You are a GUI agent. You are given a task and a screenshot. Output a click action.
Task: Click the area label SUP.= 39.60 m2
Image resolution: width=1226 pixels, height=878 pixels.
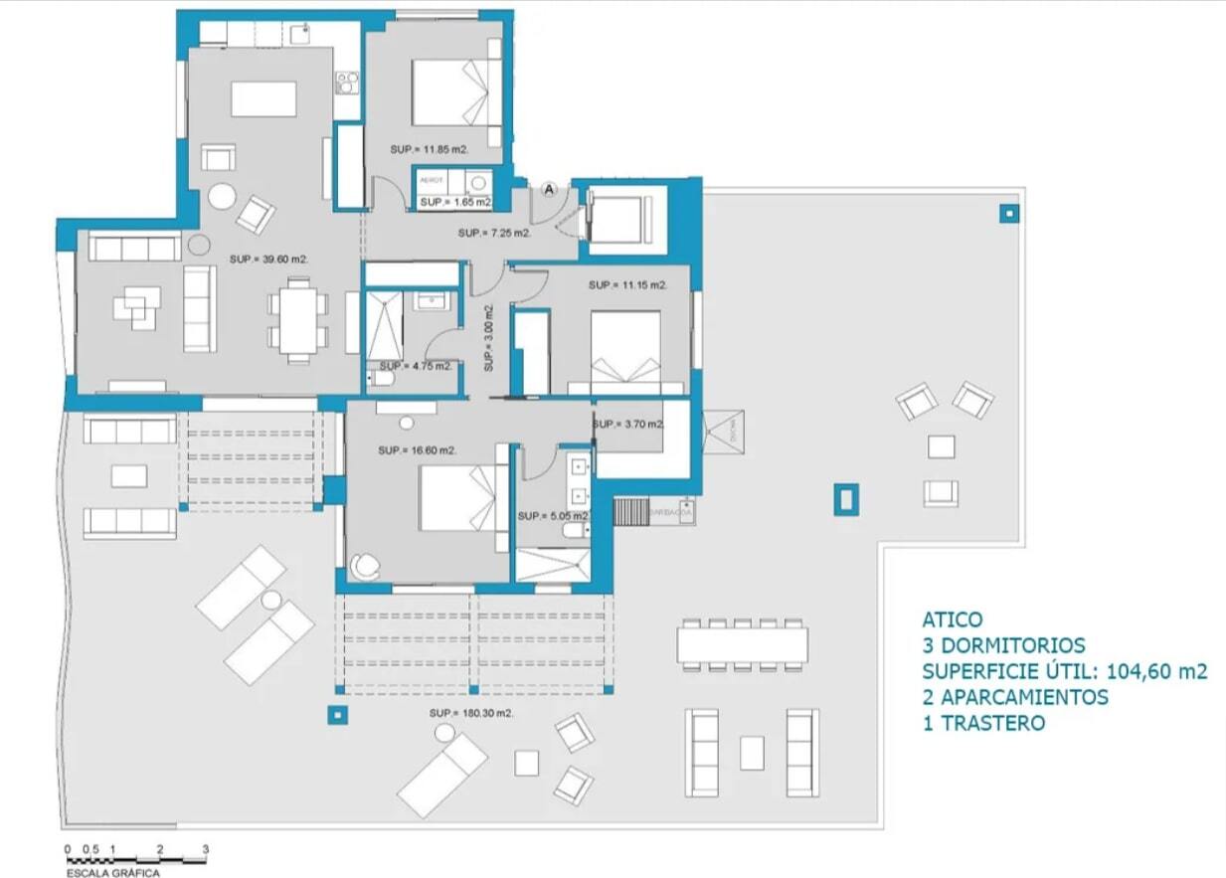[268, 259]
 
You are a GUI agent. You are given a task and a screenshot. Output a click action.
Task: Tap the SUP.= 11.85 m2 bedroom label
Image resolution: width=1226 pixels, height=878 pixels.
[430, 149]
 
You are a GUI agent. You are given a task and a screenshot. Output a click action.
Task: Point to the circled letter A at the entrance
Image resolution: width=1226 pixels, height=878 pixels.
[550, 188]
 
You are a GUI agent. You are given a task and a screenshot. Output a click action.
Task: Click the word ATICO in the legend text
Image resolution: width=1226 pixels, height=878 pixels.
[952, 619]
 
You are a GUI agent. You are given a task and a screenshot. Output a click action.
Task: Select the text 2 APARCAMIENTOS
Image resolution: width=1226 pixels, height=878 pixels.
[1014, 697]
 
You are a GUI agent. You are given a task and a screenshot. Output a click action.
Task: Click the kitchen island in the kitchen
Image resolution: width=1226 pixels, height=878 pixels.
[263, 99]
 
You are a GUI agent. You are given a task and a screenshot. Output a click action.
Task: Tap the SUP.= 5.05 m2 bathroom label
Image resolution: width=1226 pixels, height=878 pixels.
[554, 516]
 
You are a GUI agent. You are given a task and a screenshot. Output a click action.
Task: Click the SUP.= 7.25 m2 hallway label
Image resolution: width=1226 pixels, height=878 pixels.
[494, 234]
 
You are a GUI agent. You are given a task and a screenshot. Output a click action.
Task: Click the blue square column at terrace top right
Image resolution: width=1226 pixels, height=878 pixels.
[1009, 212]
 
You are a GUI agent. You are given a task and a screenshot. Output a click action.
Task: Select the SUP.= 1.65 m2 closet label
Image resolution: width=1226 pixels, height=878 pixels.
[455, 202]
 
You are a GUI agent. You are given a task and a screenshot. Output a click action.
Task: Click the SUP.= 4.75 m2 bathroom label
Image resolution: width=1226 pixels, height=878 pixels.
[415, 366]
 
